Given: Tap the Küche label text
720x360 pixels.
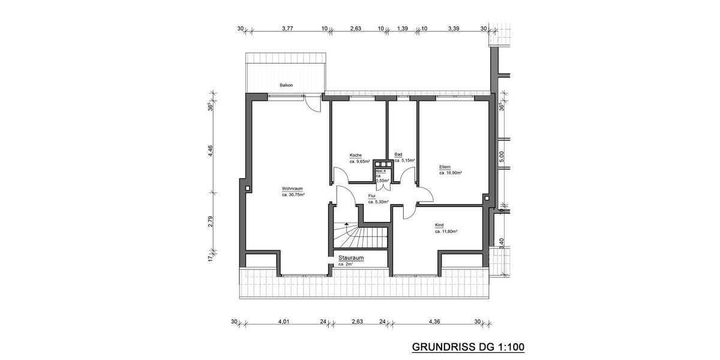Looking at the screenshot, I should [x=356, y=155].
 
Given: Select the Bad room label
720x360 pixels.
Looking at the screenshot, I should [x=398, y=155].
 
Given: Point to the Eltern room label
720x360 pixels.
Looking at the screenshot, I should [x=445, y=167].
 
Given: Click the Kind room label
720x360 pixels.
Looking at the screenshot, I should [x=439, y=225].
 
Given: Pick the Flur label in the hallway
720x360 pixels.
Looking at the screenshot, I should [x=372, y=196].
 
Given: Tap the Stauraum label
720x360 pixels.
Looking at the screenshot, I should [x=351, y=258].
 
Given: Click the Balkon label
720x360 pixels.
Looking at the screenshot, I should [x=286, y=85].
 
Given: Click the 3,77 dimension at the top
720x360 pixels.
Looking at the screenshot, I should [x=288, y=28].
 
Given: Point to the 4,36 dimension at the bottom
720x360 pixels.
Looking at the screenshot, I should [x=434, y=322].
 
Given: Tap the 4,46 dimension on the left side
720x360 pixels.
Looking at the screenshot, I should [x=211, y=151].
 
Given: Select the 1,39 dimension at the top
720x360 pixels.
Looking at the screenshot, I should [x=403, y=28].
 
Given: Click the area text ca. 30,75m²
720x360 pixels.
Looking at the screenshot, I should [x=293, y=194].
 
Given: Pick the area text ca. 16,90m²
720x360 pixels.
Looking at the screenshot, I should [x=450, y=173].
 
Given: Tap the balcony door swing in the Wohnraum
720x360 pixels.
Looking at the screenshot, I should [x=312, y=104].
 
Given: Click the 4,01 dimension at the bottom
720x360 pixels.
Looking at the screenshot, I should [x=284, y=322].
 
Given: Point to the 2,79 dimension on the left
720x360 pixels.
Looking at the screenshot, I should [x=211, y=221].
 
